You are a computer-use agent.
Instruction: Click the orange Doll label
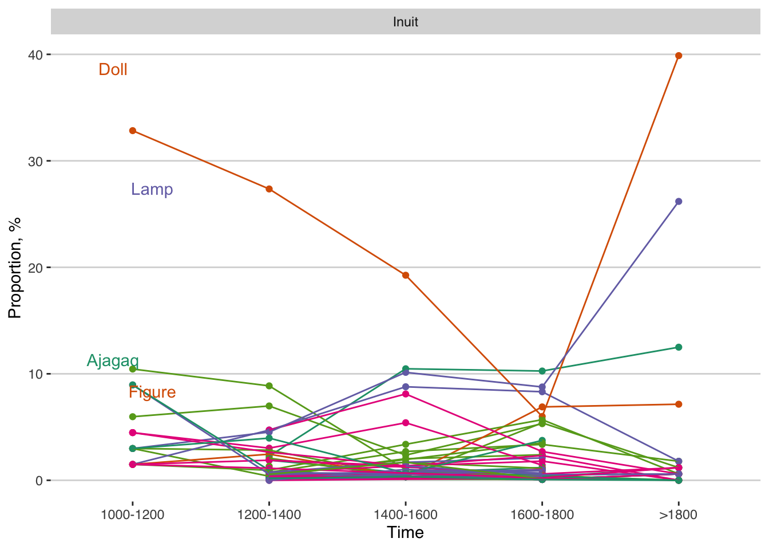coord(113,69)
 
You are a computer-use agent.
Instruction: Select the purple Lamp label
coord(152,189)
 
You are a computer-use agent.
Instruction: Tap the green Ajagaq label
coord(113,360)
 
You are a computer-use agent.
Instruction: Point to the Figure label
coord(152,392)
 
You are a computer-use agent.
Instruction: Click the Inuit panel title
coord(405,22)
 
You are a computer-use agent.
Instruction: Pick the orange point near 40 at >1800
coord(679,56)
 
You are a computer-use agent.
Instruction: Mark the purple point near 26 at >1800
coord(679,202)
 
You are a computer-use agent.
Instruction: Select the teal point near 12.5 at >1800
coord(679,347)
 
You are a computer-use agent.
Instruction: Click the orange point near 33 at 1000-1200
coord(133,131)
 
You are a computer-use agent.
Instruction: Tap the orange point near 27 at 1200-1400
coord(269,189)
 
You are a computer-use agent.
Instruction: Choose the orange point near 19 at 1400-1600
coord(406,275)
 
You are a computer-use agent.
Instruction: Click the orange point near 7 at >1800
coord(679,404)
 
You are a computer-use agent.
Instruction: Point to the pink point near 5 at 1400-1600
coord(406,423)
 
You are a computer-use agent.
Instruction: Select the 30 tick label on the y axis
coord(35,161)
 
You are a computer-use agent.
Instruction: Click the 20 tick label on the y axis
coord(35,268)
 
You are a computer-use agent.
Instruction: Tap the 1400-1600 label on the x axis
coord(406,514)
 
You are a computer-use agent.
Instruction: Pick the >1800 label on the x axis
coord(679,514)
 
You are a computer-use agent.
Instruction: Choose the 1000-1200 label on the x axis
coord(133,514)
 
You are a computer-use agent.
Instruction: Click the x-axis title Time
coord(405,533)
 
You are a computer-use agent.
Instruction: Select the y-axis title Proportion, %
coord(14,268)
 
